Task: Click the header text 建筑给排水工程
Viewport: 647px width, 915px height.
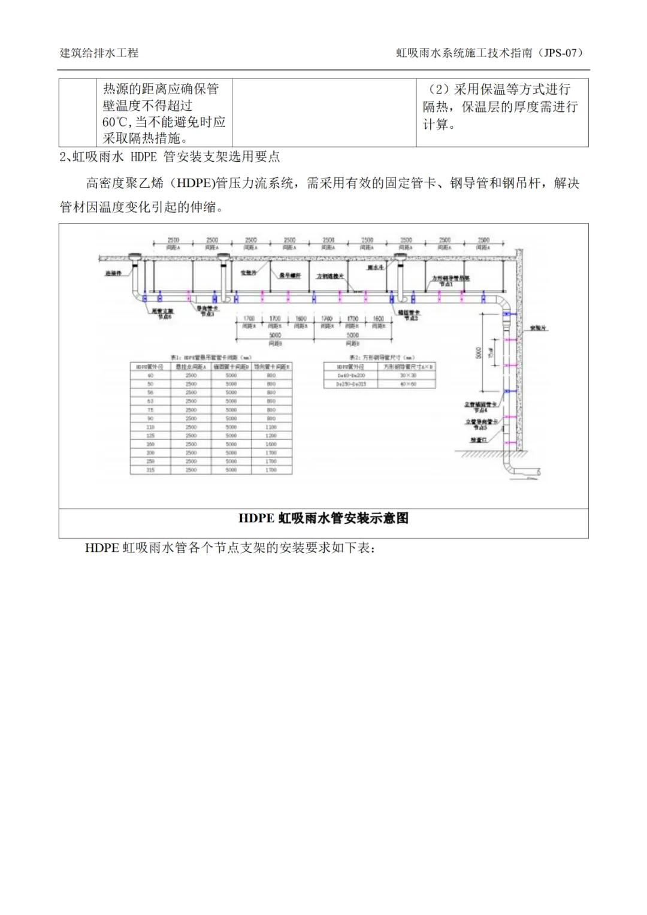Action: coord(99,53)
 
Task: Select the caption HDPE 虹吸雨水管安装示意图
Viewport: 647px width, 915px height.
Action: coord(323,518)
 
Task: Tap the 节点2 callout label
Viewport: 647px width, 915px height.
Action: coord(410,317)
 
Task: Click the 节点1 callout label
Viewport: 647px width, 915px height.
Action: coord(446,284)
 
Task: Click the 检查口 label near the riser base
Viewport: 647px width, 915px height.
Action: coord(479,440)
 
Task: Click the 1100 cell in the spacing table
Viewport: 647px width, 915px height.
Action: coord(271,427)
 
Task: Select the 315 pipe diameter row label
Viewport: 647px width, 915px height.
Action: coord(150,470)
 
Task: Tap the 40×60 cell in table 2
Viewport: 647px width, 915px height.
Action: coord(408,384)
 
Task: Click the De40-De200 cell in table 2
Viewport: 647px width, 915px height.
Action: coord(351,376)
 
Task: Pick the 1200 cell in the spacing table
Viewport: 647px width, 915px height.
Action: coord(271,436)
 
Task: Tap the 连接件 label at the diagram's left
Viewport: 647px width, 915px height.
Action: coord(113,273)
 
